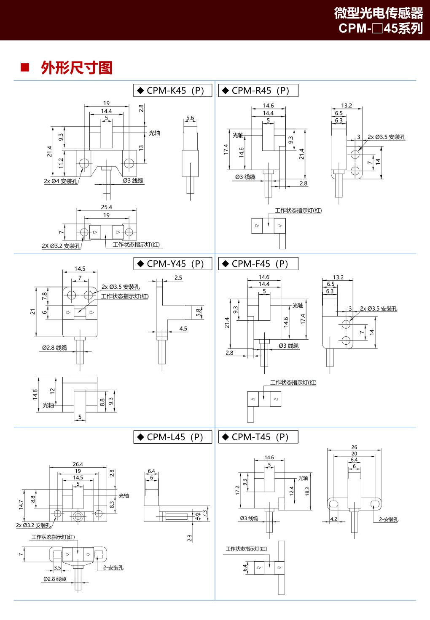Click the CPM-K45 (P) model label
point(173,90)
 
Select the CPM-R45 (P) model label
point(258,90)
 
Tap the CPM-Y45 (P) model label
point(173,264)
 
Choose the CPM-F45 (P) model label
point(258,264)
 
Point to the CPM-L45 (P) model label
point(173,437)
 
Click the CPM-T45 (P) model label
point(258,437)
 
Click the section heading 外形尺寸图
point(77,68)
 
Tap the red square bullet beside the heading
point(24,67)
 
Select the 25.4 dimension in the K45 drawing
point(107,207)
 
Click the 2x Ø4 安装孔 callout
point(61,181)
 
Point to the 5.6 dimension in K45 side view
point(190,118)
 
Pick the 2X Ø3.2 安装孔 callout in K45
point(61,246)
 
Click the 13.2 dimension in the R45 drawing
point(346,106)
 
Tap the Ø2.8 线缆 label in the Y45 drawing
point(54,348)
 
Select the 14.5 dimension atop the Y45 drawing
point(80,269)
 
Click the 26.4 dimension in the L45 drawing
point(78,464)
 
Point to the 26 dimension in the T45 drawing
point(354,447)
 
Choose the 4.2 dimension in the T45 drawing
point(333,519)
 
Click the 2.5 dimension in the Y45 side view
point(178,278)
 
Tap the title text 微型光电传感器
point(378,13)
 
